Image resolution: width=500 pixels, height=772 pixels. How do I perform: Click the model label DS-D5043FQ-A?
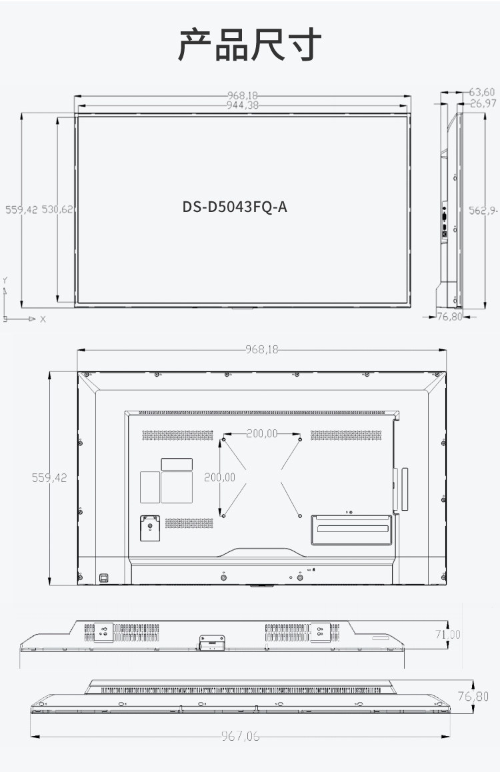coord(235,207)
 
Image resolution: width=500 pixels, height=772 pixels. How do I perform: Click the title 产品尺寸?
coord(249,45)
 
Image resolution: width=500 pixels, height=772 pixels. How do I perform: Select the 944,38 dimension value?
coord(242,105)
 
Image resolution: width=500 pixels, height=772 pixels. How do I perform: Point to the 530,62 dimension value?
coord(57,209)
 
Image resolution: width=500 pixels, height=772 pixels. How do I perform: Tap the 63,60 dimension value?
coord(482,92)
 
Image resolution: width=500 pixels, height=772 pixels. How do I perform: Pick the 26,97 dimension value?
coord(483,103)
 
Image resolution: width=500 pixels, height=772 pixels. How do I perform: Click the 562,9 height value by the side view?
coord(483,211)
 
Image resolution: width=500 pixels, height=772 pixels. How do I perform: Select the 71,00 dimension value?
coord(448,634)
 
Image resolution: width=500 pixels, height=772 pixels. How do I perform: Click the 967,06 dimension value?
coord(240,736)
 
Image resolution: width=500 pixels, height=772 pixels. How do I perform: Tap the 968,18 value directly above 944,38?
coord(242,95)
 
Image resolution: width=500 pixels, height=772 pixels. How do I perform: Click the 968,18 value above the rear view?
coord(262,349)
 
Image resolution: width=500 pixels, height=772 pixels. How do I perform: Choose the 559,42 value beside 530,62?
coord(21,209)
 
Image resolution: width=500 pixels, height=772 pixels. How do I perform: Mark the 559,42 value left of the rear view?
coord(49,477)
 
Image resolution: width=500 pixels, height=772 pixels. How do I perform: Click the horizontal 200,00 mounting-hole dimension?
coord(262,433)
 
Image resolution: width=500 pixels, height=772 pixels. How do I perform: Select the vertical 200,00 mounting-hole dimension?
coord(219,477)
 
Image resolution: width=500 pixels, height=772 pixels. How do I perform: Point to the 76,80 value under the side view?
coord(450,317)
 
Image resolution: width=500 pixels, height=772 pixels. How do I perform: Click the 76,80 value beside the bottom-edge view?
coord(473,696)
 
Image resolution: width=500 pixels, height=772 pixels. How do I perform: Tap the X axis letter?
coord(43,319)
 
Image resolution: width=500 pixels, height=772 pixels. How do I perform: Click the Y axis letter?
coord(5,280)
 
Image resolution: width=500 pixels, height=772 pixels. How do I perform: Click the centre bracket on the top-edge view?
coord(212,643)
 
